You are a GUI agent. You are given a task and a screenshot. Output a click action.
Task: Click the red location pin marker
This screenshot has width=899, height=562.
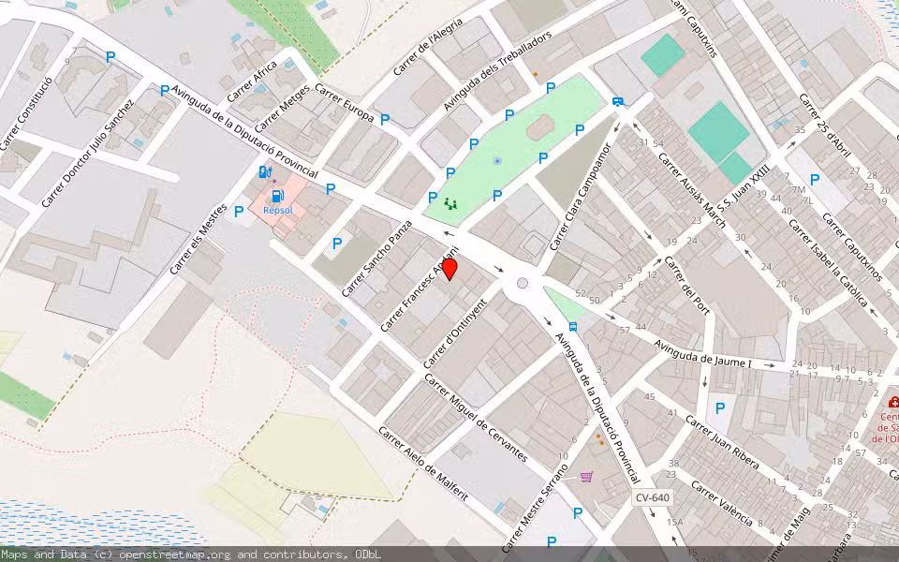[x=449, y=270]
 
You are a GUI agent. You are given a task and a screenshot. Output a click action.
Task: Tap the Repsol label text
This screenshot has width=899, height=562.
[x=278, y=211]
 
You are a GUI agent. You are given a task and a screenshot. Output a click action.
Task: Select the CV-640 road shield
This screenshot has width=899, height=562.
[x=651, y=497]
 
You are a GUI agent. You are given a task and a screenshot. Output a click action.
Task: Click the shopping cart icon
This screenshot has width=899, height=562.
[x=586, y=477]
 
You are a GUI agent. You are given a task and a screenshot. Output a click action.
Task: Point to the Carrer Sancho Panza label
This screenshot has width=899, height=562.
[x=377, y=259]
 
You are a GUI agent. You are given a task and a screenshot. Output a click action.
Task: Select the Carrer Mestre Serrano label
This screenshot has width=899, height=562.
[x=535, y=507]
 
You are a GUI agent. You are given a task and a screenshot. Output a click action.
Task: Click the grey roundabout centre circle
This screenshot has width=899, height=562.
[x=523, y=283]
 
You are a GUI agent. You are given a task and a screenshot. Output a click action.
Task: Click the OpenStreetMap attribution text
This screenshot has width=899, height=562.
[x=191, y=555]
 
